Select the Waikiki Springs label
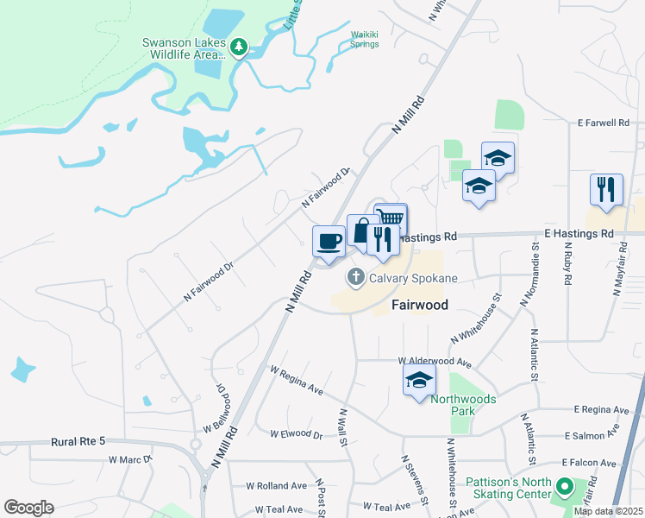pos(364,40)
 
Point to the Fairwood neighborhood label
pos(420,305)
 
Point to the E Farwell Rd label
pos(604,123)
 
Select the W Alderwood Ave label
pos(435,361)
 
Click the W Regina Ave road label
pos(296,381)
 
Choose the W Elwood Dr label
pos(298,433)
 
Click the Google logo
pos(28,507)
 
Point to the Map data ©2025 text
pos(607,511)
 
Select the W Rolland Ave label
pos(276,486)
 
